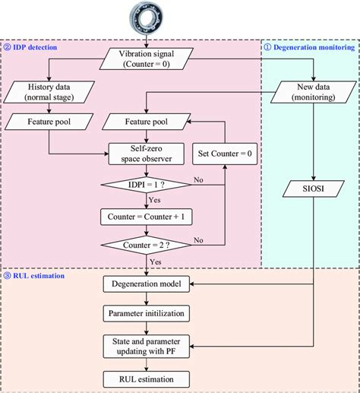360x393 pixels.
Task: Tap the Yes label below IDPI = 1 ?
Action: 155,201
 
